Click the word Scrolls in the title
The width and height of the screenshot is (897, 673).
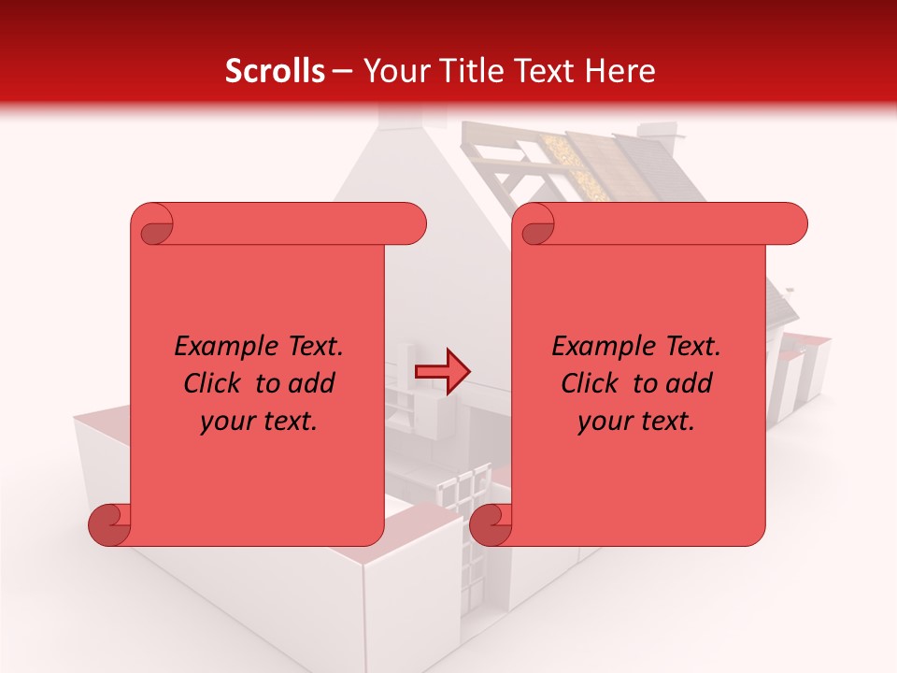click(276, 71)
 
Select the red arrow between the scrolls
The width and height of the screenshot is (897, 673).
click(442, 372)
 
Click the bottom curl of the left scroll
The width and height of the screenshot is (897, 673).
click(111, 524)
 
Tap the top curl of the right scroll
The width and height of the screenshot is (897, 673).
click(536, 225)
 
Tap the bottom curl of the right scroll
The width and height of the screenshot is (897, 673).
click(492, 524)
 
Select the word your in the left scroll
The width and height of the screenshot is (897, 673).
click(228, 422)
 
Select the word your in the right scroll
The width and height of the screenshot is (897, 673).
click(605, 422)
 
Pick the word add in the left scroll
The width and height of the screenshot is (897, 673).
click(312, 383)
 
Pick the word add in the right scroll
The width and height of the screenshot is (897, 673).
click(690, 383)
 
